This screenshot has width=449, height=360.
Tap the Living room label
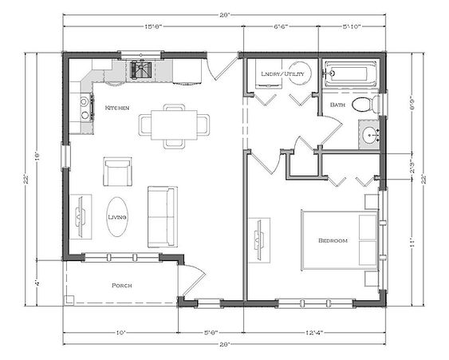[117, 216]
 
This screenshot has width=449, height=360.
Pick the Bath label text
[337, 104]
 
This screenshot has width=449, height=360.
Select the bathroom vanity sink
[370, 135]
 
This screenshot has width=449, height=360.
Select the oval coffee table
[117, 216]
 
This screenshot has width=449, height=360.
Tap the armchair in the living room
[117, 171]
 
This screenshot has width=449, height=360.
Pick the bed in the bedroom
[339, 239]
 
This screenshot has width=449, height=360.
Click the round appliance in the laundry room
[299, 72]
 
